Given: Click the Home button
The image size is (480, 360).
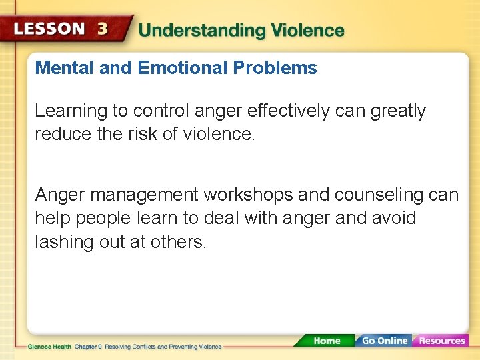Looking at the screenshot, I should [x=326, y=341].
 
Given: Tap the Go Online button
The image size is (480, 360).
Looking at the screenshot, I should [x=383, y=341].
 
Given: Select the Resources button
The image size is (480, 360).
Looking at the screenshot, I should [x=441, y=341].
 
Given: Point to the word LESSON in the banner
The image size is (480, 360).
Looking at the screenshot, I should [x=49, y=30].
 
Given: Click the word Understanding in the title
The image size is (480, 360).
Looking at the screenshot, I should [x=193, y=31].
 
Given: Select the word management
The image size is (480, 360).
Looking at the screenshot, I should [x=144, y=195].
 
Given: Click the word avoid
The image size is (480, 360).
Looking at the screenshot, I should [x=396, y=218].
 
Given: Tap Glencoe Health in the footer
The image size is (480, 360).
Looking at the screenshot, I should [x=49, y=347].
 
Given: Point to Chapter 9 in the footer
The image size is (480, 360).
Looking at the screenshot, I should [x=88, y=347].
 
